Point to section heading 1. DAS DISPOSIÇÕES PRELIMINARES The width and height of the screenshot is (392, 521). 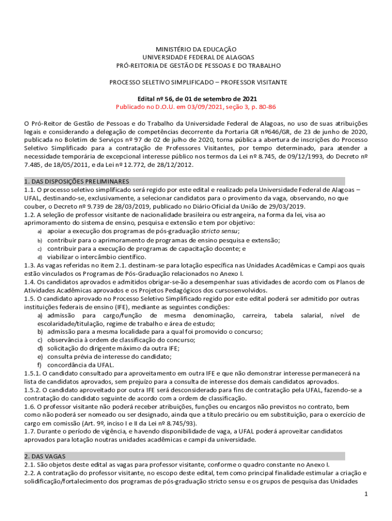[x=77, y=182]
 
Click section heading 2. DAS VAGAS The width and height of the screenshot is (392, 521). [x=45, y=456]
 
